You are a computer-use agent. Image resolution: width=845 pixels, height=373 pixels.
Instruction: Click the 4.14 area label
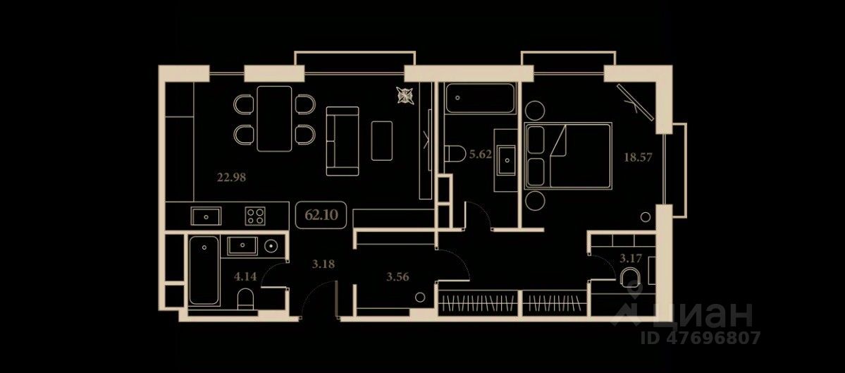click(245, 276)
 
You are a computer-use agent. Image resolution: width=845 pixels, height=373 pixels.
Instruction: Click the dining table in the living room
click(274, 118)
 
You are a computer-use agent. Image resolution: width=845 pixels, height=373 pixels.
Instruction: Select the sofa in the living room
click(342, 140)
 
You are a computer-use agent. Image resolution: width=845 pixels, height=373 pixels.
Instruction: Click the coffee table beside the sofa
click(382, 140)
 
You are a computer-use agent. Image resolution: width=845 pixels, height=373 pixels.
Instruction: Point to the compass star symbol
click(405, 95)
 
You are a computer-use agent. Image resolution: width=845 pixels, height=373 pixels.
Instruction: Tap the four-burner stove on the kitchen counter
click(255, 215)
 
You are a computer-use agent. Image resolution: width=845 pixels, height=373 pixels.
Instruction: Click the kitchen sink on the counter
click(206, 215)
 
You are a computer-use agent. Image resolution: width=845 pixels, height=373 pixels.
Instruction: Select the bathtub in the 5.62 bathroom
click(481, 99)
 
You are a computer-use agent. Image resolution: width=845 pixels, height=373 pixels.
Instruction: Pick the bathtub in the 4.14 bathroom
click(204, 271)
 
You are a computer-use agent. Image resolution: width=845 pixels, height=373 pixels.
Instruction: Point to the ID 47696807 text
click(701, 338)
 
